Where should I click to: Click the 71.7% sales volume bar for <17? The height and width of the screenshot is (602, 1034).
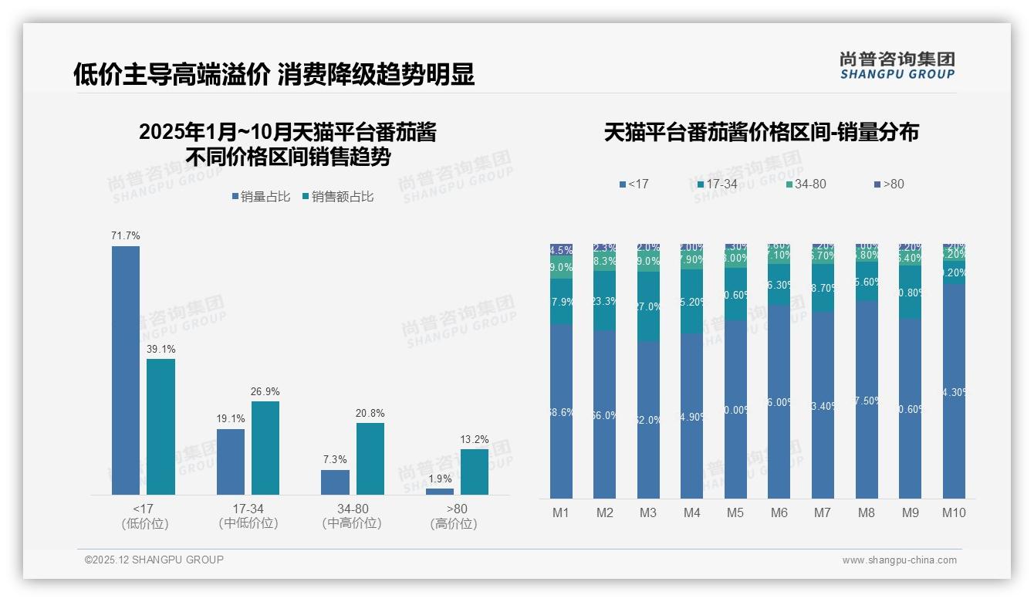126,370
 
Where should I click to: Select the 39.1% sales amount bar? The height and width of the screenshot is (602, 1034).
161,427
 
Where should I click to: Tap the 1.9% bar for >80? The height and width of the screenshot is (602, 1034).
440,491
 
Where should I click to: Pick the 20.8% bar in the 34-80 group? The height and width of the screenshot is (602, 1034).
370,458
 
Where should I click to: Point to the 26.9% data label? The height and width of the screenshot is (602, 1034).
265,392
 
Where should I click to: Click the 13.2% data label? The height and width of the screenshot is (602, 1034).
475,440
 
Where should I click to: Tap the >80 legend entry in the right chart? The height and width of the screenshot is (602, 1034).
889,184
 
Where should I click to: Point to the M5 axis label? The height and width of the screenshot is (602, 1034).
735,512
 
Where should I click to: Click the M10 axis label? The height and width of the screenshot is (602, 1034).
954,512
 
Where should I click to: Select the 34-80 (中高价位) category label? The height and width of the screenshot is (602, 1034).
352,516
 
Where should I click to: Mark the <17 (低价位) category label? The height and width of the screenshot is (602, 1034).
145,516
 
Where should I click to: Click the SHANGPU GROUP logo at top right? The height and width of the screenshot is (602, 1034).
897,66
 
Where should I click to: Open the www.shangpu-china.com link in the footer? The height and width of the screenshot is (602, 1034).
899,560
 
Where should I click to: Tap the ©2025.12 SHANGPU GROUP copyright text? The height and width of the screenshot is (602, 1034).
154,560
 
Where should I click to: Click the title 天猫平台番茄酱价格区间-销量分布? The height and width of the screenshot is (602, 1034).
761,132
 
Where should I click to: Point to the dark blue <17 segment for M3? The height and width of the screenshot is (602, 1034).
648,421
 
